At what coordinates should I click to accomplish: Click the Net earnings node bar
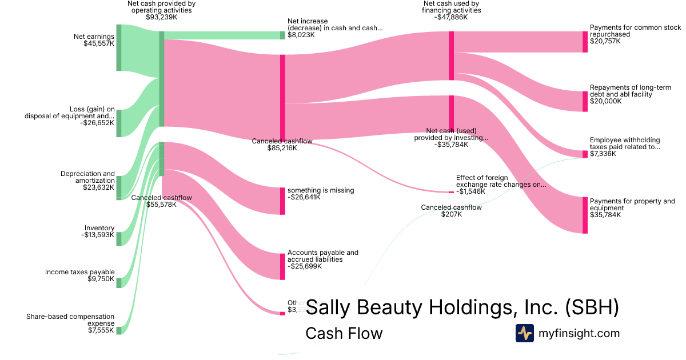pyautogui.click(x=119, y=47)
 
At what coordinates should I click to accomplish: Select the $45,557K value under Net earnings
pyautogui.click(x=99, y=43)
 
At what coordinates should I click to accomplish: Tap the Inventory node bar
pyautogui.click(x=119, y=238)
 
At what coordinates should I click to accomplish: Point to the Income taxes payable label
pyautogui.click(x=80, y=272)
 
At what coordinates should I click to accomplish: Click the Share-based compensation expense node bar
pyautogui.click(x=119, y=330)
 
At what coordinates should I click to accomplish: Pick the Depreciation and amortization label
pyautogui.click(x=87, y=177)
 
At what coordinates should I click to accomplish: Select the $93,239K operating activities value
pyautogui.click(x=162, y=17)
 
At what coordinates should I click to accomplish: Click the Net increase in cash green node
pyautogui.click(x=282, y=35)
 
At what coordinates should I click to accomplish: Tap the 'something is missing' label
pyautogui.click(x=321, y=190)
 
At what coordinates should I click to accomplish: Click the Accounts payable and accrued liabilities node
pyautogui.click(x=282, y=266)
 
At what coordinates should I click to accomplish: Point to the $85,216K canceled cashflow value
pyautogui.click(x=282, y=148)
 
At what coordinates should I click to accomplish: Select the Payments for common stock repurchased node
pyautogui.click(x=585, y=42)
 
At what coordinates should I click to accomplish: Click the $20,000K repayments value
pyautogui.click(x=605, y=101)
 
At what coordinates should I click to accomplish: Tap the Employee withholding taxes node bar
pyautogui.click(x=585, y=154)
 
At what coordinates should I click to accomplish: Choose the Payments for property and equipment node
pyautogui.click(x=585, y=215)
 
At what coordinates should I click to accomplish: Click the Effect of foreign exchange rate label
pyautogui.click(x=501, y=181)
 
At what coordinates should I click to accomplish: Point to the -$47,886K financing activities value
pyautogui.click(x=451, y=17)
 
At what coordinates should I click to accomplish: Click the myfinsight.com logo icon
pyautogui.click(x=524, y=333)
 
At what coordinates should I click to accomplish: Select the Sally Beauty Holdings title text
pyautogui.click(x=462, y=308)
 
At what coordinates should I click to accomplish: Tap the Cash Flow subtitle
pyautogui.click(x=344, y=333)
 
